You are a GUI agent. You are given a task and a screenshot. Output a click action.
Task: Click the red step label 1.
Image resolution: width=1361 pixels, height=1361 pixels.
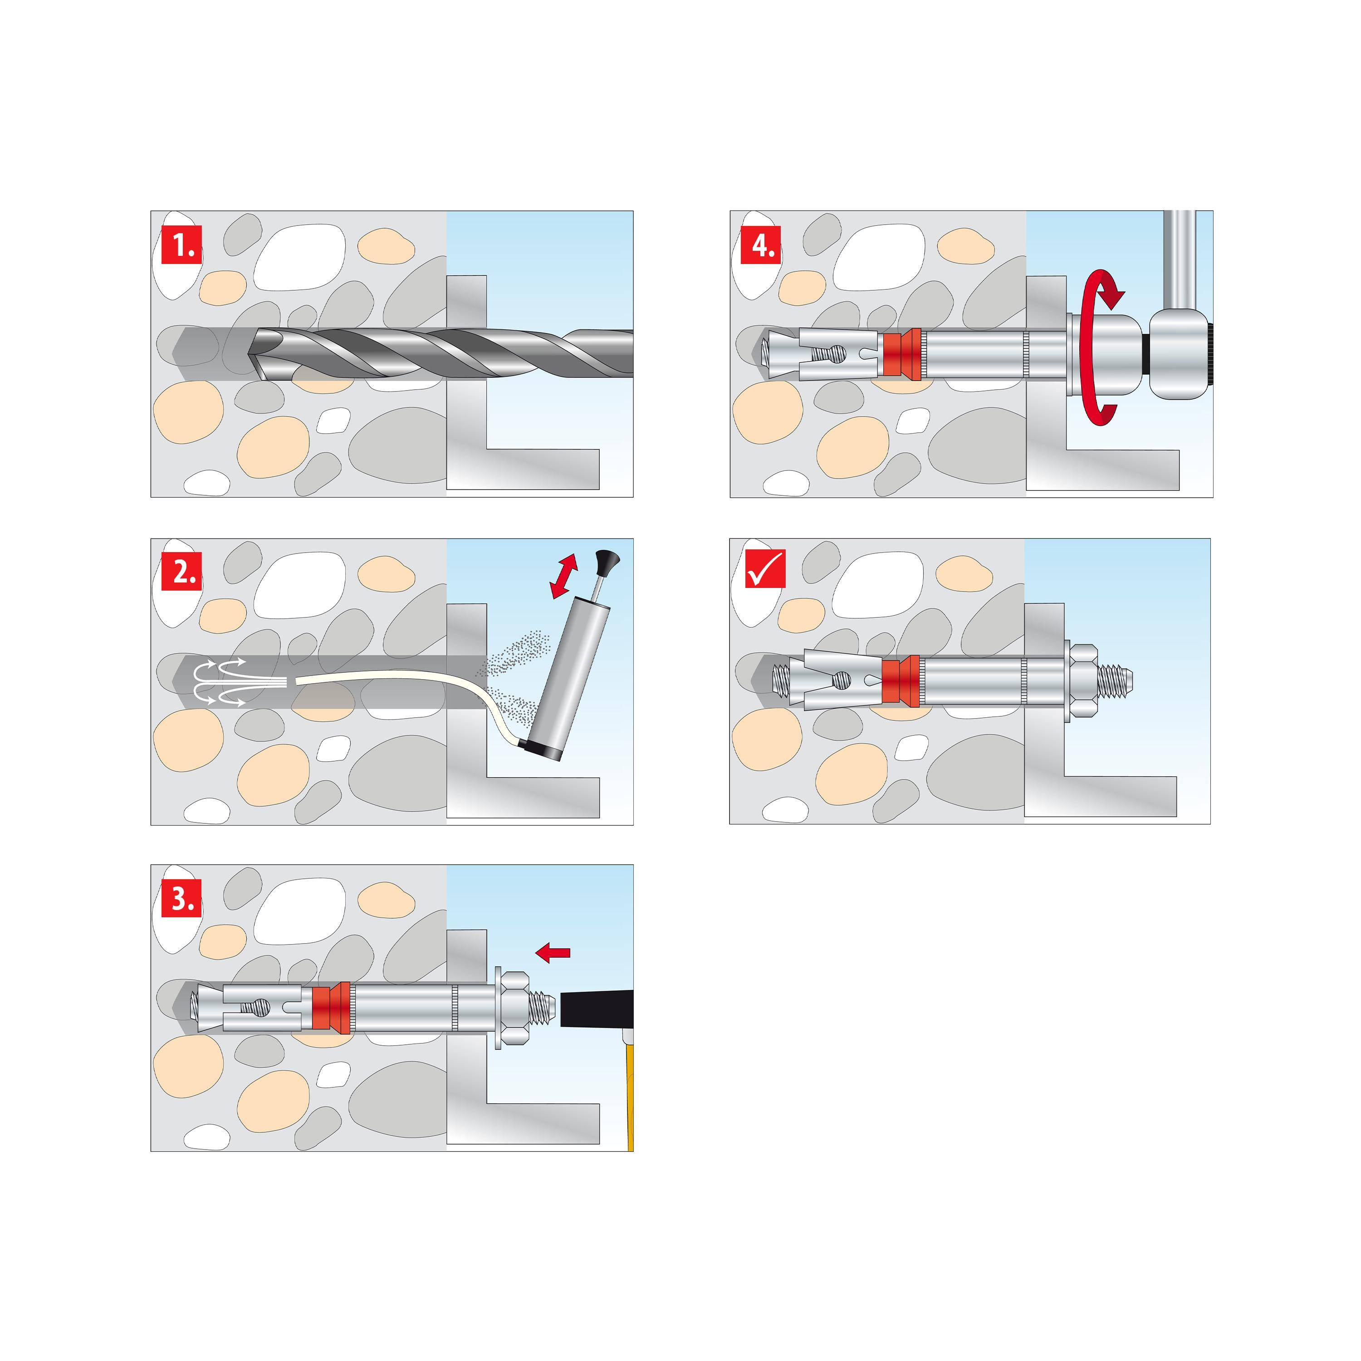182,245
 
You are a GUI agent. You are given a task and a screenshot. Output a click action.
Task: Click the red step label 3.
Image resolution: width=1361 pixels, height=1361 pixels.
182,898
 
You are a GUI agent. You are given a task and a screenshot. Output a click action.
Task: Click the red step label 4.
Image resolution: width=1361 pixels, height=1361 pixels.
761,245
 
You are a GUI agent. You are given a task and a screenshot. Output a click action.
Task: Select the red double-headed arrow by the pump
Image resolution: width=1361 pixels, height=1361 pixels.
563,576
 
